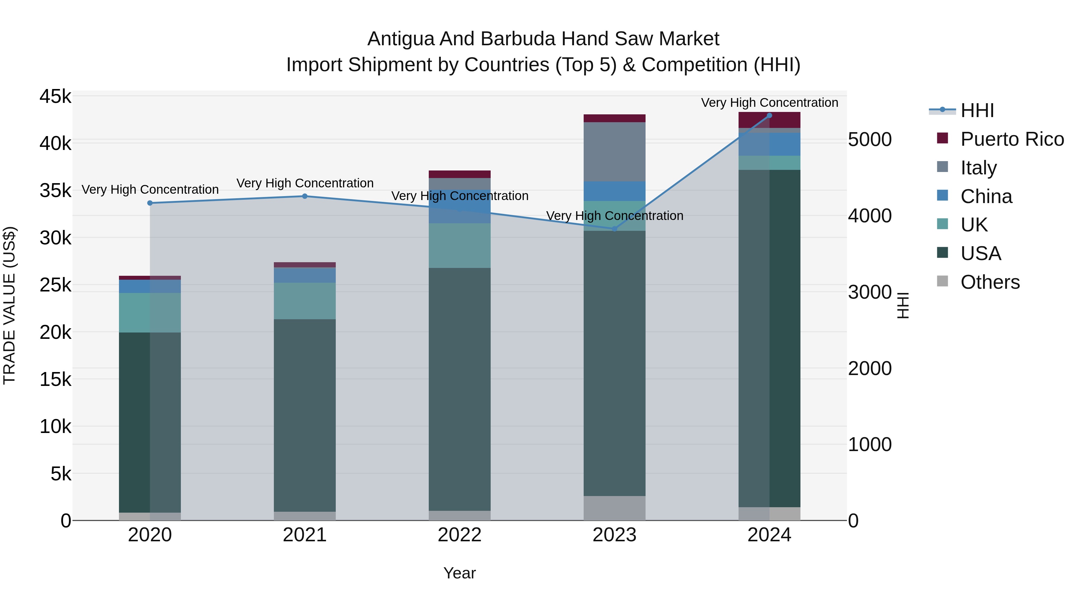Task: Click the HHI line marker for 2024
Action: coord(769,116)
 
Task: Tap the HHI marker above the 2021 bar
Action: coord(305,196)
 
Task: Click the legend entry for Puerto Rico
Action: coord(1012,139)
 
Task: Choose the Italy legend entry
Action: coord(978,168)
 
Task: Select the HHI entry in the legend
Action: coord(977,110)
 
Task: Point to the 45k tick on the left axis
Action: coord(55,97)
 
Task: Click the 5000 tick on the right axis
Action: coord(870,140)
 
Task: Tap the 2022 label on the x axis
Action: coord(460,535)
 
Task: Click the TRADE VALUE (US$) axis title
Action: coord(10,305)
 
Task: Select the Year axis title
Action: coord(460,573)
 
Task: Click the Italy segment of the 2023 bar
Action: coord(614,152)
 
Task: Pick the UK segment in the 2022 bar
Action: coord(460,245)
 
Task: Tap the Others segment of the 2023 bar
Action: coord(614,508)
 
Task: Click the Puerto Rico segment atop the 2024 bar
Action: coord(769,120)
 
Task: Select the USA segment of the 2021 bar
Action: coord(305,415)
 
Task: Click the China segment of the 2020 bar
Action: coord(150,286)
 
